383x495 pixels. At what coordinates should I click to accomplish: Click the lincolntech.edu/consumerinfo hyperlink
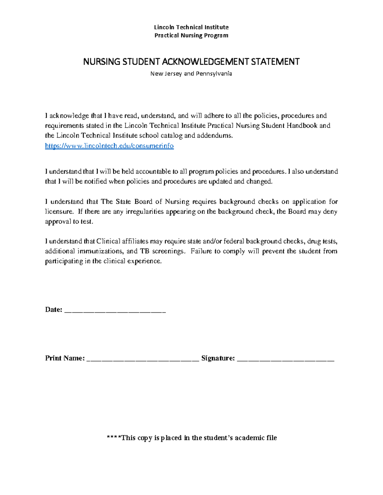point(109,146)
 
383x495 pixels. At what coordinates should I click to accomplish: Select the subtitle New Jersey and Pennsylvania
point(191,74)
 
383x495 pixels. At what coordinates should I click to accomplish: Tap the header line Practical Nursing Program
point(191,35)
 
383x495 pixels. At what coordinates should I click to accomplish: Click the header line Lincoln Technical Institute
point(191,27)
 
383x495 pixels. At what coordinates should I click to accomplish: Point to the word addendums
point(215,135)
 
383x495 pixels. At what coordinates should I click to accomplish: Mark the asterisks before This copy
point(114,437)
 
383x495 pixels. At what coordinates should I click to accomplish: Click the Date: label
point(53,309)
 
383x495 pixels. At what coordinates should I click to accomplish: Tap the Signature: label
point(218,358)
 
